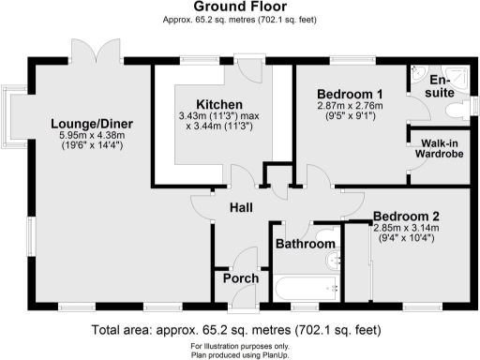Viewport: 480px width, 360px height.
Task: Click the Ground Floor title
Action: point(240,7)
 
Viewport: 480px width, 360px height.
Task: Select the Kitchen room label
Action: point(219,103)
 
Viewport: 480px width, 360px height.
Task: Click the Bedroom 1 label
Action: point(350,95)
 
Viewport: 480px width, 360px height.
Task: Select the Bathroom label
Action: point(305,245)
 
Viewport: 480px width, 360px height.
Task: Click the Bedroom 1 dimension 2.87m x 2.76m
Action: point(350,107)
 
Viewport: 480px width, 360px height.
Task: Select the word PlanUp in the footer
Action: point(274,352)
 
